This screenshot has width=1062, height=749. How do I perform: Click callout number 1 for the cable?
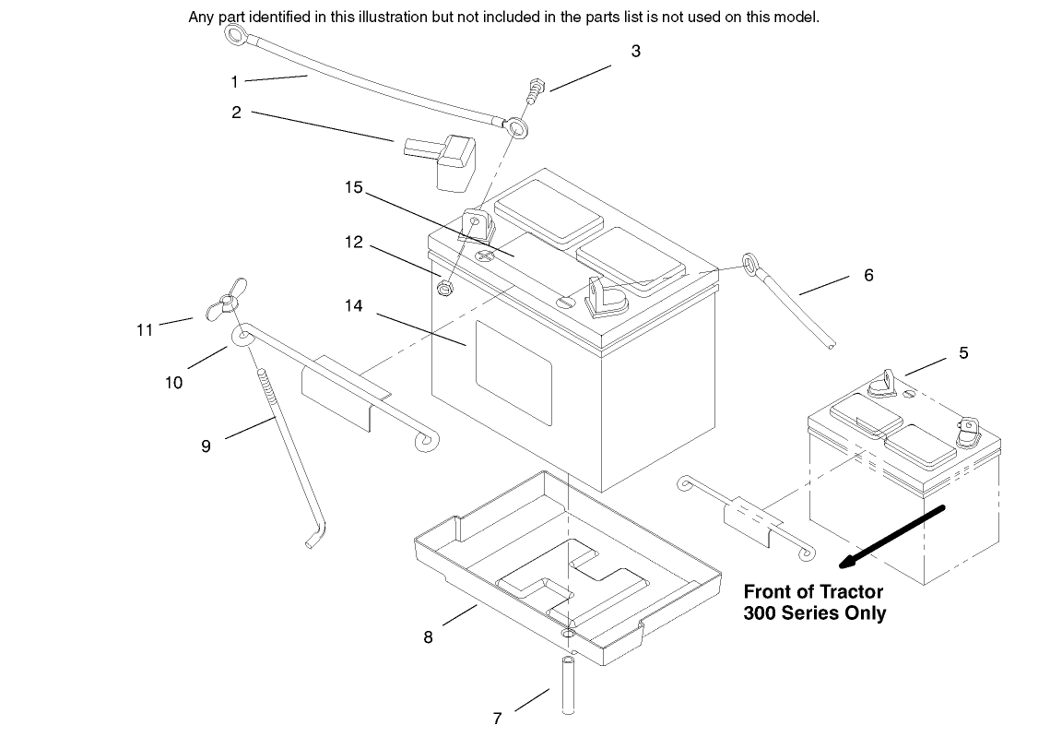tap(234, 82)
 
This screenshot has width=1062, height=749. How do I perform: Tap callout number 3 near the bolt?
tap(635, 52)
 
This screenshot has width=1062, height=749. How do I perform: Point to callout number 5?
tap(963, 353)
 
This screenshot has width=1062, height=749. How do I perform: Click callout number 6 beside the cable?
tap(868, 275)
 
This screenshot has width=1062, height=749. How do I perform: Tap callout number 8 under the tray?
tap(429, 636)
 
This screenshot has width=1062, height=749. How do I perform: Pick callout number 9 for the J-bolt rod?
tap(206, 446)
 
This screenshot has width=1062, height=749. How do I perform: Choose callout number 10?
tap(173, 382)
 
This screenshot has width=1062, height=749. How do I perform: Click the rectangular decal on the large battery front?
tap(513, 365)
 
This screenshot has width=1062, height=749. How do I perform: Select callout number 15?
tap(354, 188)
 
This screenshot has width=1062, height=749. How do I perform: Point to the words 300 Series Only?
tap(814, 613)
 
